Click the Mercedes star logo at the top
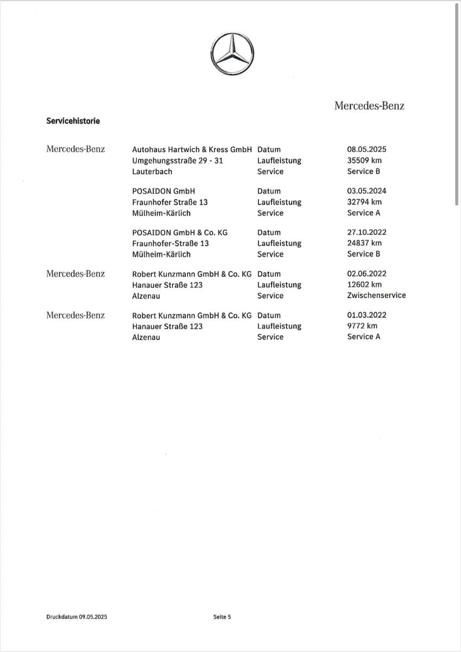[x=233, y=55]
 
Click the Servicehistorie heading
[x=73, y=121]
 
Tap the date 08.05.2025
[x=367, y=149]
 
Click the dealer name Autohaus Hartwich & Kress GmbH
[x=192, y=149]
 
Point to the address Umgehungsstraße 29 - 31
[x=178, y=160]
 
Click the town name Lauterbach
[x=152, y=171]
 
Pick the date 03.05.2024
[x=367, y=191]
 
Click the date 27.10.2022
[x=367, y=233]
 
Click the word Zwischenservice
[x=376, y=296]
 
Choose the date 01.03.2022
[x=367, y=315]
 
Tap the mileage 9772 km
[x=362, y=326]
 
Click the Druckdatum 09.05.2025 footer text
[x=77, y=617]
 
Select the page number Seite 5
[x=222, y=617]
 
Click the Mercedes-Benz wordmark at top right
[x=369, y=106]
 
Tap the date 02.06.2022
[x=367, y=274]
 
